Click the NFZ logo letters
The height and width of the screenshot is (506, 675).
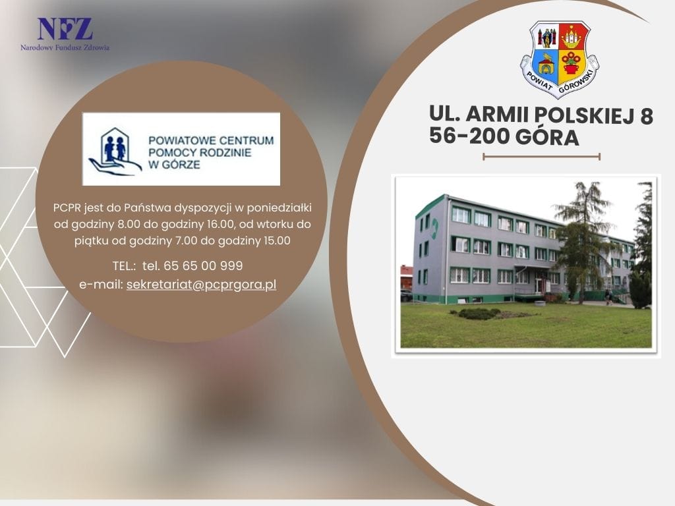65,29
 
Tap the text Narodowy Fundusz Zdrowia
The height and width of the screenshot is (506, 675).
65,47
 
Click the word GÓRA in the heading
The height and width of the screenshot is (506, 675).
547,136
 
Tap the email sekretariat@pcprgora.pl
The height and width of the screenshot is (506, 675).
202,285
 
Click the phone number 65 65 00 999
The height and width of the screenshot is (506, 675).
203,266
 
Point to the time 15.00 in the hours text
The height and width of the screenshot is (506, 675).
277,240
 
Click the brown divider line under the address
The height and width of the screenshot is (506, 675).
541,157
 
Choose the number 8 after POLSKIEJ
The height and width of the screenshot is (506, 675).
647,116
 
